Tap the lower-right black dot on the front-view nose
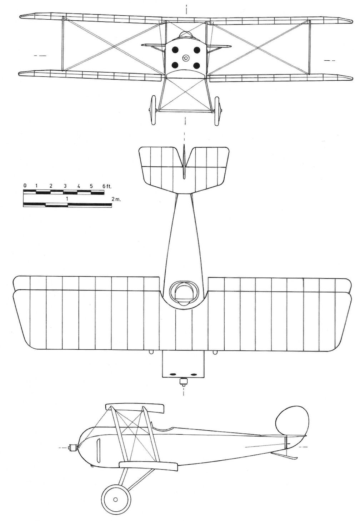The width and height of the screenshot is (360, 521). click(197, 65)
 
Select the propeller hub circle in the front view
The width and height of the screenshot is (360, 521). click(186, 58)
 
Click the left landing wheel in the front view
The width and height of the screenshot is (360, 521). click(153, 110)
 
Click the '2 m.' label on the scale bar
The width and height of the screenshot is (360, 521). click(116, 199)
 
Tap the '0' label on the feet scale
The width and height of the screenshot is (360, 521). click(25, 185)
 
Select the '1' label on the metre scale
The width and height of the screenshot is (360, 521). click(67, 199)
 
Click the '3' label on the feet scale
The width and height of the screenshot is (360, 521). click(65, 186)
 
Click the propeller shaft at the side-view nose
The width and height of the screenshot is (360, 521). click(72, 447)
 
